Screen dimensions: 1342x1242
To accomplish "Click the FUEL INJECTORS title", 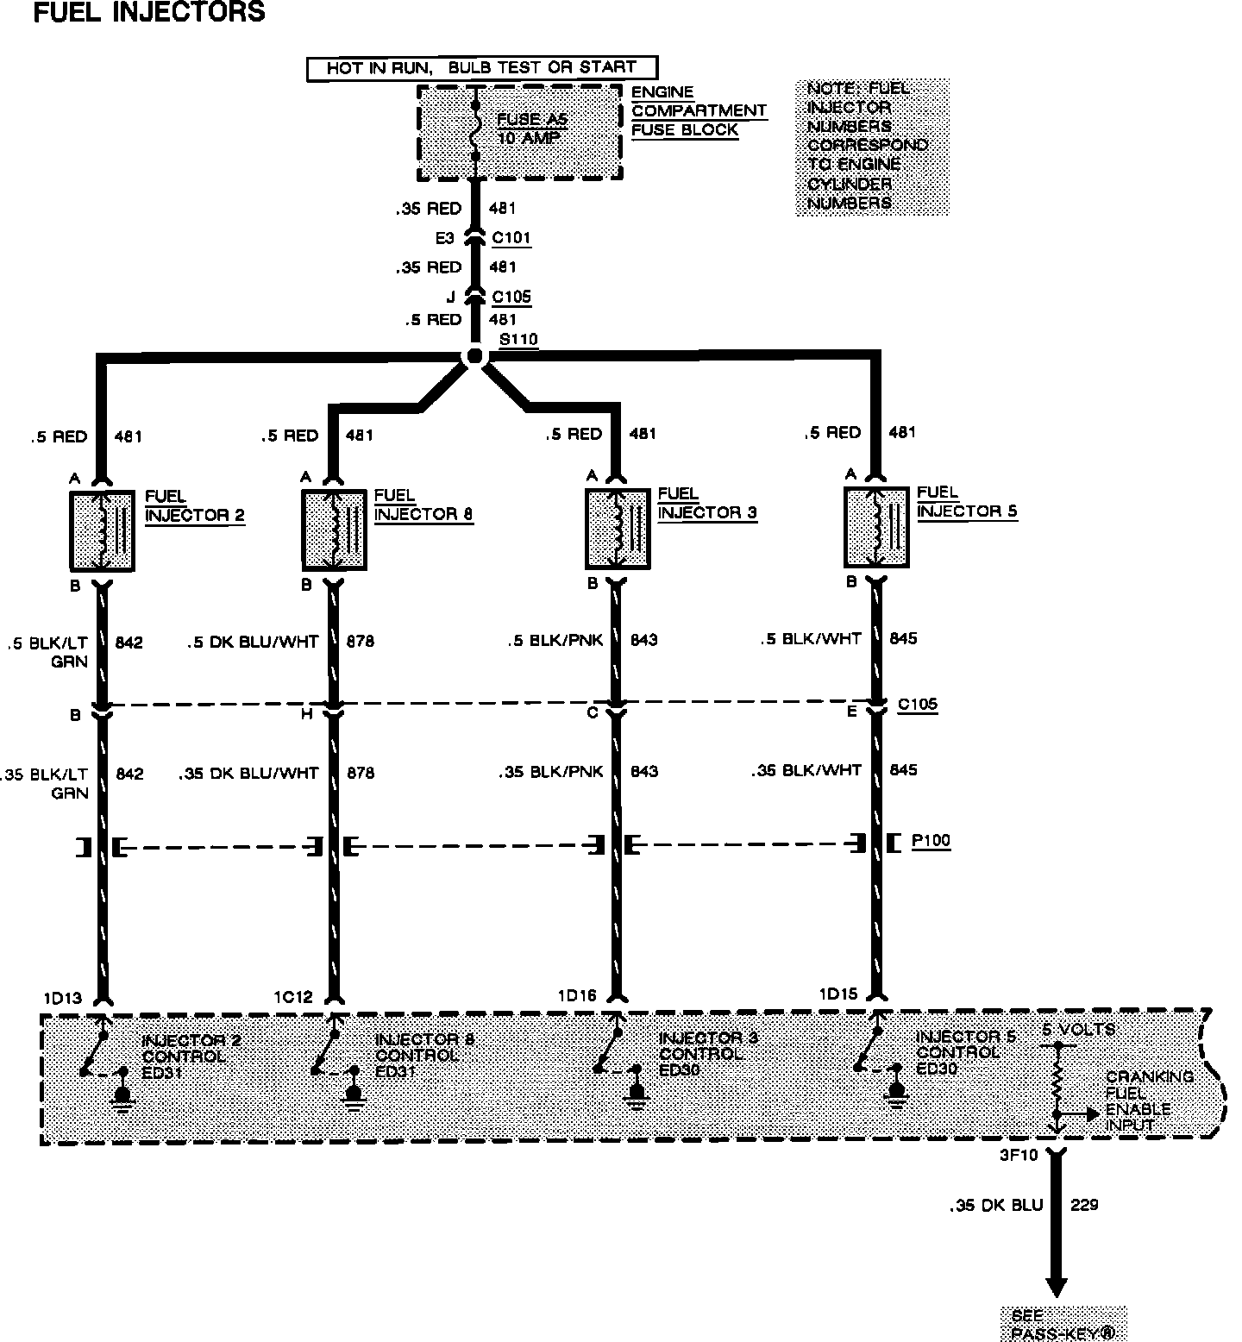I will click(x=148, y=12).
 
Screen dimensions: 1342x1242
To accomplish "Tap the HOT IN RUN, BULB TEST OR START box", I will click(x=481, y=68).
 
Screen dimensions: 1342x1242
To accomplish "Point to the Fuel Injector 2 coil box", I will click(x=102, y=530).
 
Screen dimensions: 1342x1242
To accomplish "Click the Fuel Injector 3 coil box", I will click(x=618, y=528).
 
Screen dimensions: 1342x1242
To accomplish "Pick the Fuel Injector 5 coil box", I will click(x=876, y=526).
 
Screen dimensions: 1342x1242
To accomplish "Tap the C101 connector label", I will click(x=511, y=238).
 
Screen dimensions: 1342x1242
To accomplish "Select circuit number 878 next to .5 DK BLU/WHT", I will click(x=360, y=641).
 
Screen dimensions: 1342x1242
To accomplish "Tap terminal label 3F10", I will click(x=1018, y=1154).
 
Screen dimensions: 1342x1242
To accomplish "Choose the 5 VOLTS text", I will click(x=1078, y=1029).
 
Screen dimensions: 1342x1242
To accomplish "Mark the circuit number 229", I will click(x=1083, y=1204).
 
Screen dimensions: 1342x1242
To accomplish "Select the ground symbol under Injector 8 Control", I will click(x=354, y=1093).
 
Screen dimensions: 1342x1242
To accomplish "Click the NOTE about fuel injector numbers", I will click(x=870, y=146).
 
